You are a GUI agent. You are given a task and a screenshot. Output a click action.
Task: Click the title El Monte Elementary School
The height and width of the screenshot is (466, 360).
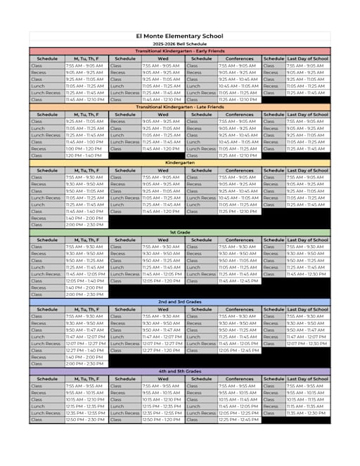(x=179, y=36)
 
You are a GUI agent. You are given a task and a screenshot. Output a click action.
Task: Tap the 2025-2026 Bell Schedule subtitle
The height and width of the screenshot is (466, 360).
(x=179, y=44)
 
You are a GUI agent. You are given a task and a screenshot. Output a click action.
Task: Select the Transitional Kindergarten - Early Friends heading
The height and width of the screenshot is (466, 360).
(x=179, y=51)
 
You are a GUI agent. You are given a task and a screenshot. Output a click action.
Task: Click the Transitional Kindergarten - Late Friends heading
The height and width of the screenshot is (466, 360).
(x=179, y=108)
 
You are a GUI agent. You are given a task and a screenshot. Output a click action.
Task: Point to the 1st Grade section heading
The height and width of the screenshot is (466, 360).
(x=179, y=233)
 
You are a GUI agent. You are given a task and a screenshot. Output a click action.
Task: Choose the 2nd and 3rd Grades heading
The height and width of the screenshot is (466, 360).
(x=179, y=302)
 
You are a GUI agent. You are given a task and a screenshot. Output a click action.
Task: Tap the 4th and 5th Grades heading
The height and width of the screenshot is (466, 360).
(x=179, y=371)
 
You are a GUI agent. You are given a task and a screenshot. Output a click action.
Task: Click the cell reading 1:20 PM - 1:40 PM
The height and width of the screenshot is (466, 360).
(x=86, y=155)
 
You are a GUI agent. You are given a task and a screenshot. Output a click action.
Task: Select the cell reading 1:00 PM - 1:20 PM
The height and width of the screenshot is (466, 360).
(x=86, y=149)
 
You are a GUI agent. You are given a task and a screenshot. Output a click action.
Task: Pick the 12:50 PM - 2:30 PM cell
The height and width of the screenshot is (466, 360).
(x=86, y=420)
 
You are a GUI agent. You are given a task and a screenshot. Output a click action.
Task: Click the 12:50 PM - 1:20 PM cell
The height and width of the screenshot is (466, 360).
(x=162, y=420)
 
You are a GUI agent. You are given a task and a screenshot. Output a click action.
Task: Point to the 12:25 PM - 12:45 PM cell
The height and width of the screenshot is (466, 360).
(x=239, y=420)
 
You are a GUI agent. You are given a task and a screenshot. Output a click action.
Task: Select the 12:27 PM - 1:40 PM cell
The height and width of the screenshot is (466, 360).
(x=86, y=350)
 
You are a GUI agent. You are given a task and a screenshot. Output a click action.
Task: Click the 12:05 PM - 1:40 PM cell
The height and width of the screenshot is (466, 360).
(x=86, y=280)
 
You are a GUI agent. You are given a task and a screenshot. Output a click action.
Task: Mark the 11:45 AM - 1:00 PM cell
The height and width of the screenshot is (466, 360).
(x=86, y=142)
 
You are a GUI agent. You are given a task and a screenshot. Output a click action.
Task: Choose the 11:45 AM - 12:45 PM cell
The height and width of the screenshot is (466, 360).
(x=239, y=280)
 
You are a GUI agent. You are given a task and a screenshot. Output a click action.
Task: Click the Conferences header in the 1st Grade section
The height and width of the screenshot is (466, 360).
(x=239, y=240)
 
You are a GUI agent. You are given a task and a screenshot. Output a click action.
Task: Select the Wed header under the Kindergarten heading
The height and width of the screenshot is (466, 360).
(x=162, y=170)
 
